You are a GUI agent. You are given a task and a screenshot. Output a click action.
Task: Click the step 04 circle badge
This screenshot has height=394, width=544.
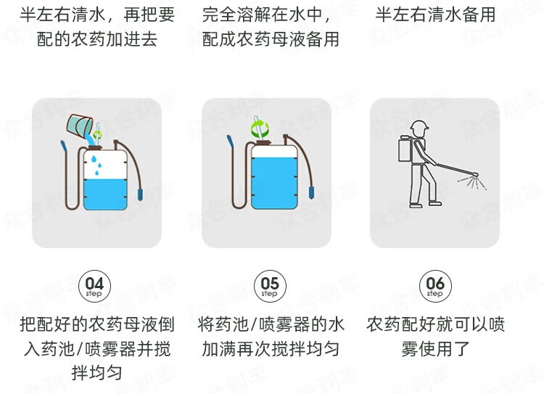tap(94, 286)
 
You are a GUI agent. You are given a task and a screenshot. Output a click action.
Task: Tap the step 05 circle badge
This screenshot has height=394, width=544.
tap(270, 286)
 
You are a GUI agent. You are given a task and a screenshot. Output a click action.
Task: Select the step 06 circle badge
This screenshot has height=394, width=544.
tap(435, 286)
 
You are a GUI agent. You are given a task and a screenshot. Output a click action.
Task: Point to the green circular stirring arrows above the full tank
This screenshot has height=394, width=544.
tap(260, 128)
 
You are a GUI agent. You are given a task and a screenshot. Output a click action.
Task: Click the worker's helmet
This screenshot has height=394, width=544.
tap(419, 126)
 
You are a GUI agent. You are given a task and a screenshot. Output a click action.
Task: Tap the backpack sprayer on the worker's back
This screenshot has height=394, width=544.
tap(406, 149)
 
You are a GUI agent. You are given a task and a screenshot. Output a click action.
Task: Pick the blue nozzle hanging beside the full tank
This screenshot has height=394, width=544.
tap(312, 193)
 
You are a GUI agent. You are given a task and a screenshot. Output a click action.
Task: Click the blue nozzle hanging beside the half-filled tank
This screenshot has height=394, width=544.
tap(140, 194)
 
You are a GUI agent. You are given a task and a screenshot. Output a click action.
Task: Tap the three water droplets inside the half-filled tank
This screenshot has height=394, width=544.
tap(96, 165)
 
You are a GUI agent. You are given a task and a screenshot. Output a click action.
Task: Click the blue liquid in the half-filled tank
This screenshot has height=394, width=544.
tap(105, 194)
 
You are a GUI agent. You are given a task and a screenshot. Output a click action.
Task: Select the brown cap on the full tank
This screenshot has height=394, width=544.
tap(263, 143)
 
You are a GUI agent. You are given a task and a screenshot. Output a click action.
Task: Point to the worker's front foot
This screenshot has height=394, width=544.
tap(435, 203)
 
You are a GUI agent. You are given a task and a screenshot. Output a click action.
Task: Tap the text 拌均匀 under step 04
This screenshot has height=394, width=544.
tap(96, 372)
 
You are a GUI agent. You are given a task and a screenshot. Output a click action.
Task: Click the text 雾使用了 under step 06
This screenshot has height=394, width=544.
tap(435, 348)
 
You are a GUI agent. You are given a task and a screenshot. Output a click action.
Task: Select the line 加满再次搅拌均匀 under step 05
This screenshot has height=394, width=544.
tap(271, 348)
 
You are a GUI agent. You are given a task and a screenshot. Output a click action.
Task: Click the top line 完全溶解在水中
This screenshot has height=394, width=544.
tap(266, 15)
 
